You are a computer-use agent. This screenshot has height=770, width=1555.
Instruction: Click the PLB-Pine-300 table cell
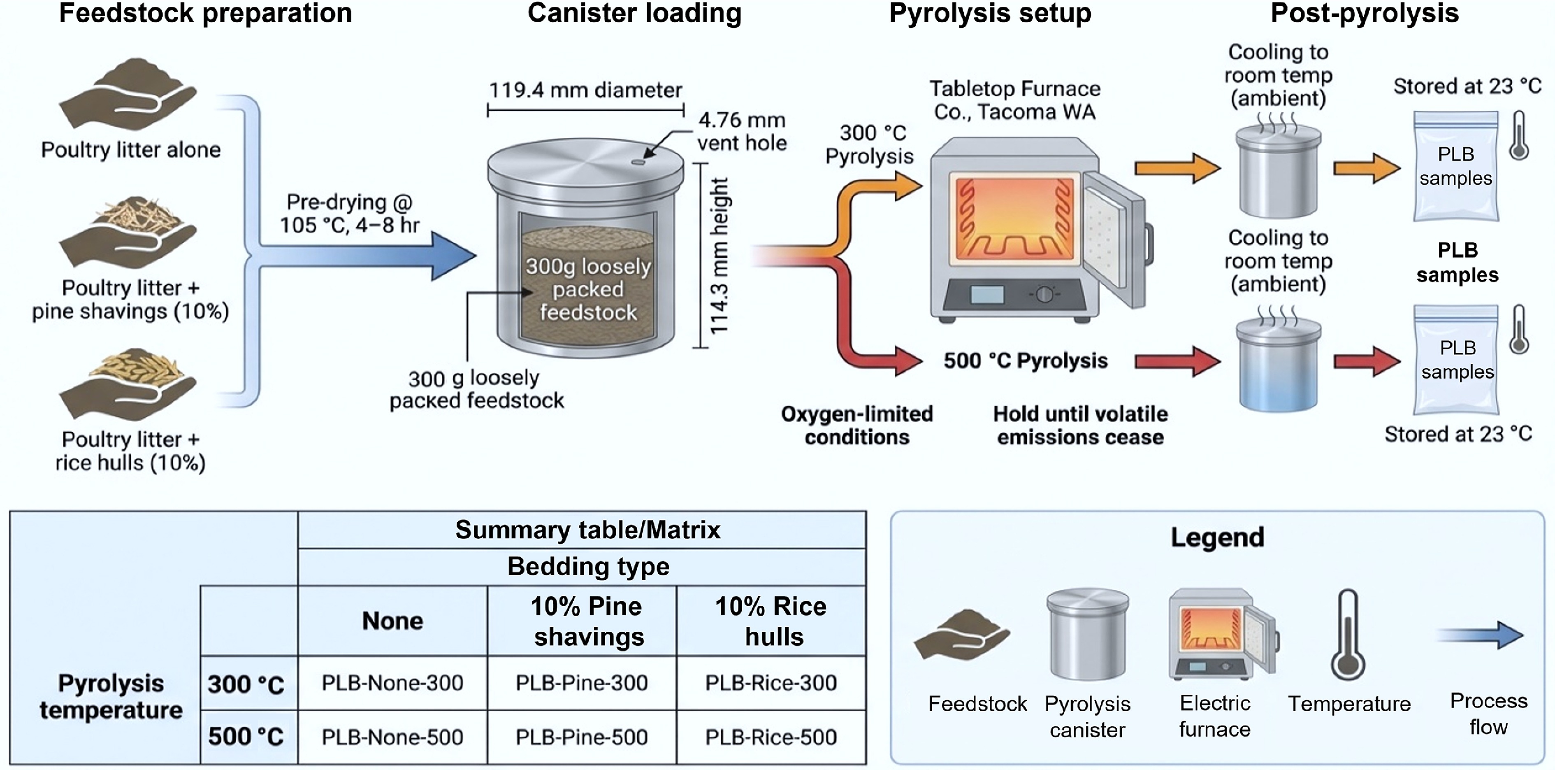[581, 683]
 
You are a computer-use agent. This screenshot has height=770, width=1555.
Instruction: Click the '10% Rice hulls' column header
[771, 621]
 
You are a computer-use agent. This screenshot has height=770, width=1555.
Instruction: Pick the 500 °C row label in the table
[246, 737]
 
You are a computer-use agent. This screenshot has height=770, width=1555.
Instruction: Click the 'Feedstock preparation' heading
[205, 13]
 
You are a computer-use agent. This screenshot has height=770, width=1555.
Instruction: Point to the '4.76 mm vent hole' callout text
[742, 132]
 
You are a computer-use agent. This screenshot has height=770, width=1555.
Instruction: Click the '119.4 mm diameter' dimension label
[585, 91]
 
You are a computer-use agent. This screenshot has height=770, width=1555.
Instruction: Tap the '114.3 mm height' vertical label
[719, 256]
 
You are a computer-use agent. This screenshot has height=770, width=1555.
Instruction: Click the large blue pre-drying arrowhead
[453, 256]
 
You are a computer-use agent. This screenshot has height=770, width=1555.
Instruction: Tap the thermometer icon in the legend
[1348, 637]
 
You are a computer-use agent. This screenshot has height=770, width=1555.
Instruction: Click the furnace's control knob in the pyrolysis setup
[1044, 295]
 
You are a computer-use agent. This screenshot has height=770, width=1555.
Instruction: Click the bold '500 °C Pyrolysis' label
[1026, 361]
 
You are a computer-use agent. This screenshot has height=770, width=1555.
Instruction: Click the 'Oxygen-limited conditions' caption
[856, 425]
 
